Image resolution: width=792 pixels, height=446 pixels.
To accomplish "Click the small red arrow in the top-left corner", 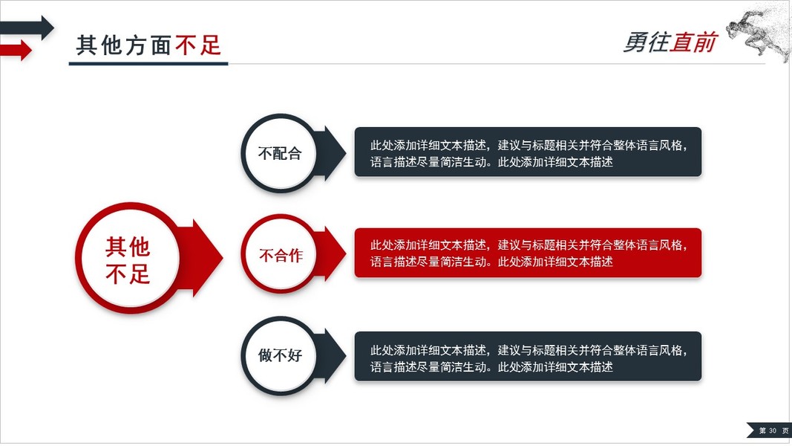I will click(17, 51).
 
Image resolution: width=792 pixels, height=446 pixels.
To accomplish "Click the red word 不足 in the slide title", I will click(198, 45).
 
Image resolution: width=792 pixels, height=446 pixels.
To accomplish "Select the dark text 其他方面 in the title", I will click(124, 45).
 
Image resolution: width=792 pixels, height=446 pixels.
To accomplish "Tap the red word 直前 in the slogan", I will click(693, 43).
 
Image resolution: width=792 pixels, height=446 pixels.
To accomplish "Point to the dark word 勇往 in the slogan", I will click(646, 43).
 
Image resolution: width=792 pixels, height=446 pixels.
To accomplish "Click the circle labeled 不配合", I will click(280, 154).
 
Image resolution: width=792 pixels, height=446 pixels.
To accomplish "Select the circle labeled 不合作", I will click(280, 255).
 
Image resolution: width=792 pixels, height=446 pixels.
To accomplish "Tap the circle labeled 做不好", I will click(280, 355).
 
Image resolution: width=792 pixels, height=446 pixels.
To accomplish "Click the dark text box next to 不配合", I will click(527, 152).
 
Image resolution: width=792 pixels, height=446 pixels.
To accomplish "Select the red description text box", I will click(527, 253).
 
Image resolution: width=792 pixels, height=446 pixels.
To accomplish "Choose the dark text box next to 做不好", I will click(527, 356).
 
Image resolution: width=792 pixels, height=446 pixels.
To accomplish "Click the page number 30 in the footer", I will click(772, 430).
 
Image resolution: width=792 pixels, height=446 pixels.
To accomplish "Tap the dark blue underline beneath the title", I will click(148, 64).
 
